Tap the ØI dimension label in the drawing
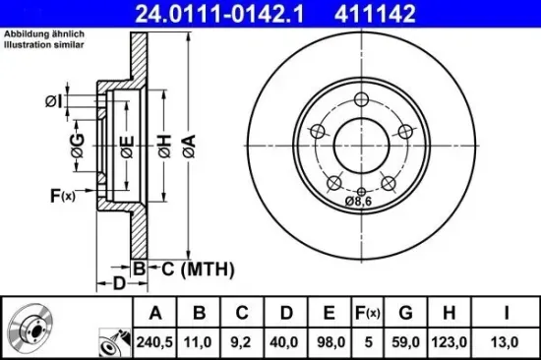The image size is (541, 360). click(x=54, y=100)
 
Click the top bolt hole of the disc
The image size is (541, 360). click(x=361, y=98)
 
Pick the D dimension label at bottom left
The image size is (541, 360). click(x=119, y=284)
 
